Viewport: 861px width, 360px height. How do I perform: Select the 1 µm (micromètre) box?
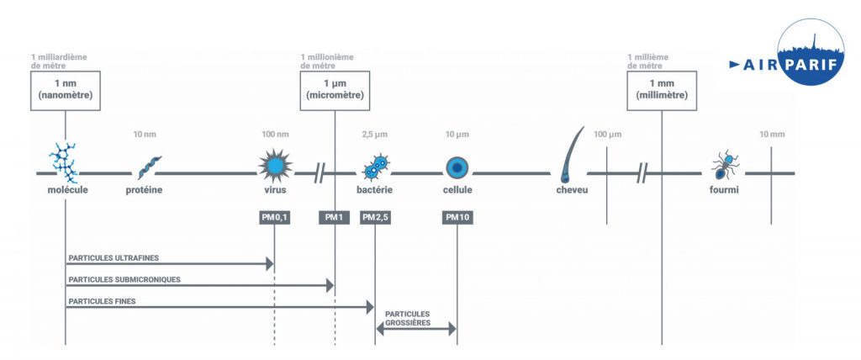(x=335, y=90)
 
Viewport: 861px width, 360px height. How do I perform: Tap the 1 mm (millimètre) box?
(x=663, y=90)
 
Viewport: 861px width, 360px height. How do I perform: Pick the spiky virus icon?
(x=275, y=164)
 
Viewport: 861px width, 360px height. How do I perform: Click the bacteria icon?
(x=375, y=167)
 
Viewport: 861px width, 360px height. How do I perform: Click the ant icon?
(x=723, y=166)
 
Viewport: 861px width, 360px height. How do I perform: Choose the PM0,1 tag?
(x=275, y=218)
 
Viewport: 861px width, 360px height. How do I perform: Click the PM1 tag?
(x=335, y=218)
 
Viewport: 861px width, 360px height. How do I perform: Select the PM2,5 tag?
(x=375, y=218)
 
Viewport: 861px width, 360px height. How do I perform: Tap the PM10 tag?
(x=457, y=218)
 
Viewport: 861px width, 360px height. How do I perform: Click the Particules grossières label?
(x=408, y=317)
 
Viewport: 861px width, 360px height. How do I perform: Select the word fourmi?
(x=723, y=190)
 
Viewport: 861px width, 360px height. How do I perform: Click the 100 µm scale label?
(x=607, y=135)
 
